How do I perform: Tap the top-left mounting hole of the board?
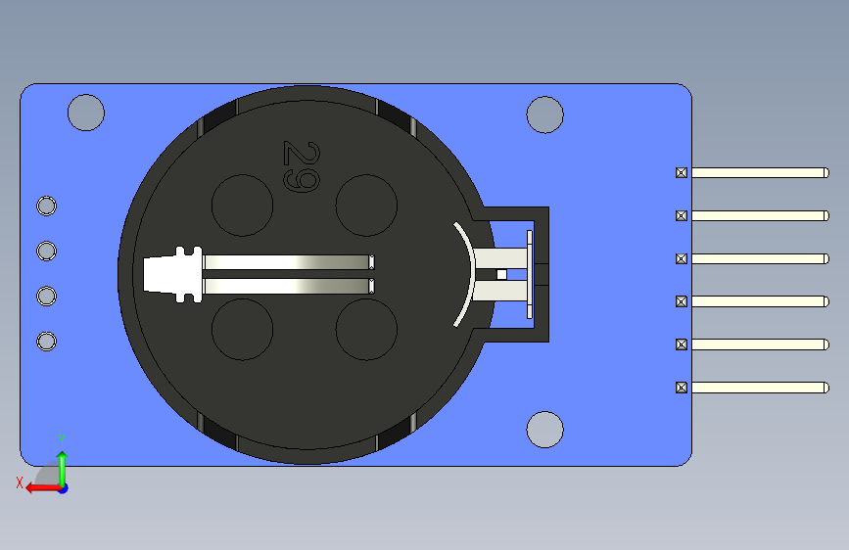tap(86, 113)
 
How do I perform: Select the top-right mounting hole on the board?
tap(544, 115)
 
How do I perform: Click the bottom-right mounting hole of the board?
tap(544, 430)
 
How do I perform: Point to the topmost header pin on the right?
tap(759, 172)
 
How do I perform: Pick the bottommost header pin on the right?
tap(759, 388)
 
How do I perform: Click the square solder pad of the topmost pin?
tap(682, 172)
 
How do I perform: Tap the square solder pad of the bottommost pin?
tap(682, 388)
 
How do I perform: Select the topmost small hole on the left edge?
tap(46, 206)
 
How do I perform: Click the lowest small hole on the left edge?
tap(46, 341)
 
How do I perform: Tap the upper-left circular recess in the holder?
tap(242, 206)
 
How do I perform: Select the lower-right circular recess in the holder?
tap(366, 329)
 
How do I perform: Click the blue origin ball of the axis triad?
tap(63, 487)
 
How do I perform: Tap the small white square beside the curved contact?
tap(502, 275)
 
